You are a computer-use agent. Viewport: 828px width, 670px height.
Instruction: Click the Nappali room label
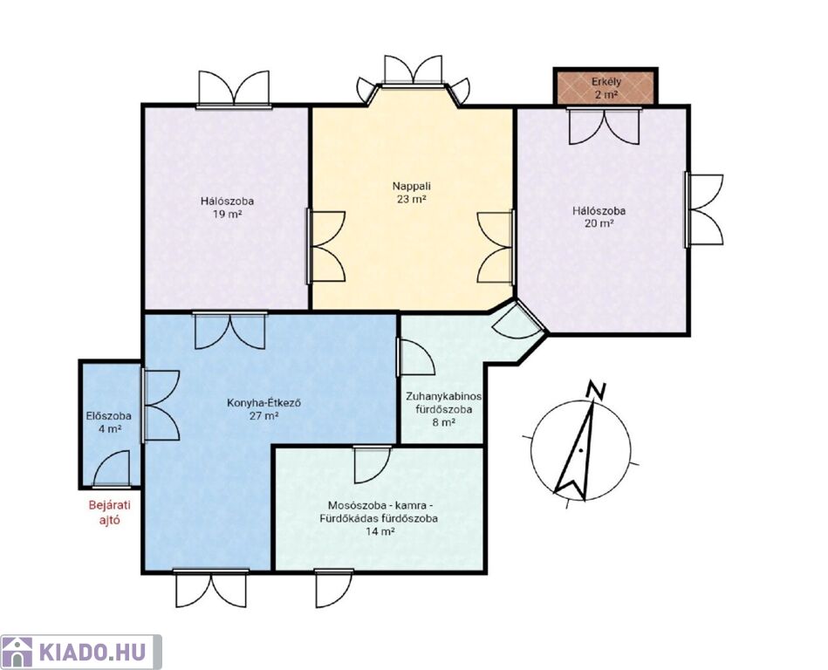[411, 186]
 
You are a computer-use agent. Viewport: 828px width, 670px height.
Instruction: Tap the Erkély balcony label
[606, 82]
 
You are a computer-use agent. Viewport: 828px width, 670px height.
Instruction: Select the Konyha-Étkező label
[263, 403]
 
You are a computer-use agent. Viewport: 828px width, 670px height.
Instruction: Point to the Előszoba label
[109, 416]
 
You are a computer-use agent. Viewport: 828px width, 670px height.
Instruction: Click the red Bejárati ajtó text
[110, 512]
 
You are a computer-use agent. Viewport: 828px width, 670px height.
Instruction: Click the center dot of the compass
[580, 450]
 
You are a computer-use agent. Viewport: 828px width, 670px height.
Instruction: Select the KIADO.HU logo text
[93, 653]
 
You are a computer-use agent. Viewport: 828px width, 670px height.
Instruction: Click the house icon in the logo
[17, 653]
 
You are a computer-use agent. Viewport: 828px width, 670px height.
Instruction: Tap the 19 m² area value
[227, 215]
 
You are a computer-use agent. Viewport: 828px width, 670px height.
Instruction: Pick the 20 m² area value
[599, 223]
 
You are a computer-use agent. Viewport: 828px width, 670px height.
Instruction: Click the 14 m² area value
[380, 531]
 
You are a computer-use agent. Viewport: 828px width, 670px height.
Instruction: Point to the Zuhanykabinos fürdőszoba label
[443, 403]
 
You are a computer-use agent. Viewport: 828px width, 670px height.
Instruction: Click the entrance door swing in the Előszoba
[112, 468]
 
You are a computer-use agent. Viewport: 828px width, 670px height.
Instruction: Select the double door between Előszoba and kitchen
[161, 406]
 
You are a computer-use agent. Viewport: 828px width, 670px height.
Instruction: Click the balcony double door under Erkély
[604, 126]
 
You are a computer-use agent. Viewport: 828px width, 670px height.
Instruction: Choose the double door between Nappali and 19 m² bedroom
[325, 248]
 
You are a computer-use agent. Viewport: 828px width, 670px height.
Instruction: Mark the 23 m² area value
[411, 200]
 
